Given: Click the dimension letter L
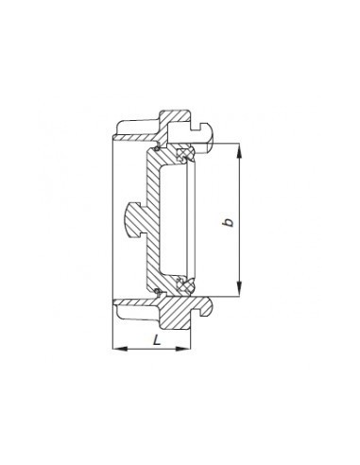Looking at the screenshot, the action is click(157, 340).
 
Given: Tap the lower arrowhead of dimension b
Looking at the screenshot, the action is click(240, 289).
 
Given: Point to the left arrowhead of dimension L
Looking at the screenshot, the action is click(120, 349).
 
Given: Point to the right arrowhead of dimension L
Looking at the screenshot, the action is click(183, 349).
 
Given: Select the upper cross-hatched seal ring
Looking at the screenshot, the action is click(185, 154).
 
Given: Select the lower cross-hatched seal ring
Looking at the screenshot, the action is click(186, 285).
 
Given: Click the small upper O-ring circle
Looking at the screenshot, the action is click(157, 148).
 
